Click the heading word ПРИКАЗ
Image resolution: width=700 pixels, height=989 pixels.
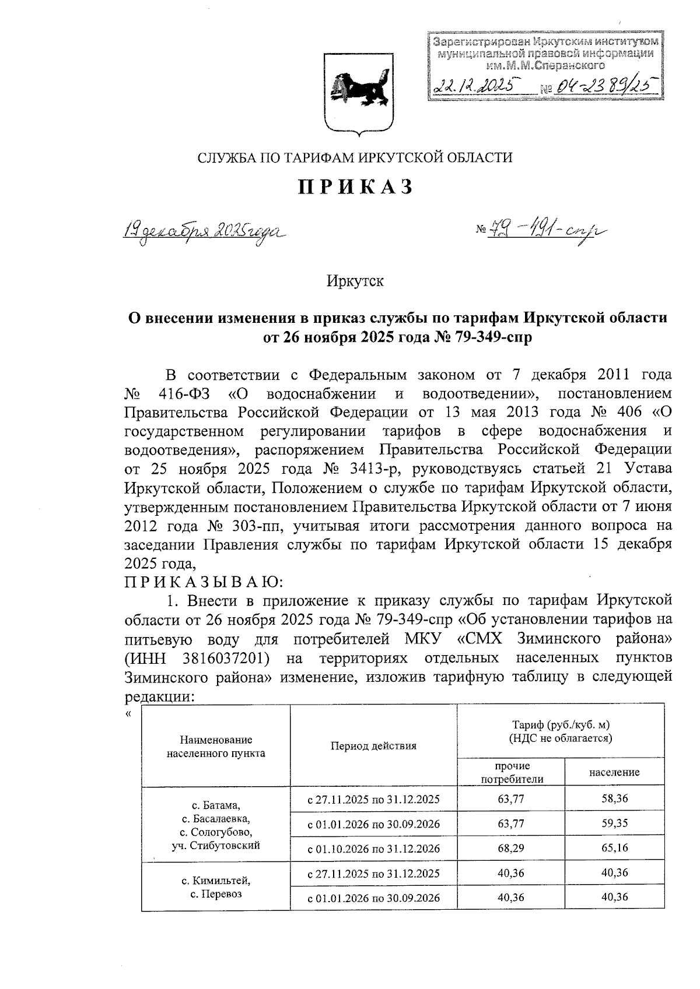pos(356,187)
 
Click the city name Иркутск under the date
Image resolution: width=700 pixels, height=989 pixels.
pos(355,281)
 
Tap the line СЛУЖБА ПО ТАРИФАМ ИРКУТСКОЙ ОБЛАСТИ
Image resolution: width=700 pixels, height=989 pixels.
pos(355,157)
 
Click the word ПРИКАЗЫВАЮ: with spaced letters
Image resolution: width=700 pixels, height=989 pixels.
pos(204,582)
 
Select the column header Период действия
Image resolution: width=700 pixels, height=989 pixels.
pos(373,745)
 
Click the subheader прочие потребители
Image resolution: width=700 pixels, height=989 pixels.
pos(511,772)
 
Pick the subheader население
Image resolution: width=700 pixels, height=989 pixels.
pos(614,772)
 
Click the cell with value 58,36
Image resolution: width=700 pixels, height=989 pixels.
pos(614,799)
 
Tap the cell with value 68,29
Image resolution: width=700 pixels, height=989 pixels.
pos(511,848)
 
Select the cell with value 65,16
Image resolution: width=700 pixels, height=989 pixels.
pos(614,848)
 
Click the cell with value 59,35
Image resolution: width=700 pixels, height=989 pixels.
pos(614,823)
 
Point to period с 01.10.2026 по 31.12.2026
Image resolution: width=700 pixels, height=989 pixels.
pos(373,848)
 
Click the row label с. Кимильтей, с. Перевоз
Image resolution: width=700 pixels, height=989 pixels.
pos(216,886)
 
